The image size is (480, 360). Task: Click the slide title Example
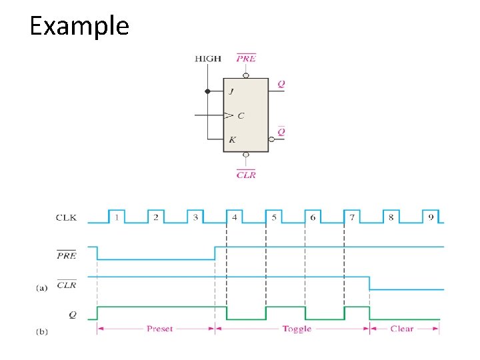pyautogui.click(x=79, y=27)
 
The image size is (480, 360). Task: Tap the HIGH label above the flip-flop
pyautogui.click(x=208, y=59)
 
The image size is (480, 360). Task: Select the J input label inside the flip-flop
pyautogui.click(x=231, y=91)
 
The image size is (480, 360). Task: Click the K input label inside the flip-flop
pyautogui.click(x=231, y=140)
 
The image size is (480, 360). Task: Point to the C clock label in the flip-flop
pyautogui.click(x=241, y=115)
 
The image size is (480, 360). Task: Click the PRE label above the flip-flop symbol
pyautogui.click(x=246, y=59)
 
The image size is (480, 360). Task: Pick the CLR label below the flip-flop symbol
pyautogui.click(x=246, y=175)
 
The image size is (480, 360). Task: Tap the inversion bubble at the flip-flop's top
pyautogui.click(x=246, y=75)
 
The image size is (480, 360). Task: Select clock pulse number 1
pyautogui.click(x=116, y=216)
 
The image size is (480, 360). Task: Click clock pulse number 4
pyautogui.click(x=234, y=216)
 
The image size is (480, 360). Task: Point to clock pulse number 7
pyautogui.click(x=352, y=216)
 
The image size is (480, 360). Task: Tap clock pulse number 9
pyautogui.click(x=431, y=216)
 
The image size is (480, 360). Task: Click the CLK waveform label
pyautogui.click(x=67, y=217)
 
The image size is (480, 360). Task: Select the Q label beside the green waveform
pyautogui.click(x=71, y=314)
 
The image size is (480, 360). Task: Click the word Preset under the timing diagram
pyautogui.click(x=159, y=329)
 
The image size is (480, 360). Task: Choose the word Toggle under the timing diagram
pyautogui.click(x=297, y=329)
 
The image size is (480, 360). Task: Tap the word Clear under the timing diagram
pyautogui.click(x=401, y=329)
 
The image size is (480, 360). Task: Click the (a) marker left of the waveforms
pyautogui.click(x=41, y=288)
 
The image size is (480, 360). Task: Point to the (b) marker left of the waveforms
pyautogui.click(x=41, y=331)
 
